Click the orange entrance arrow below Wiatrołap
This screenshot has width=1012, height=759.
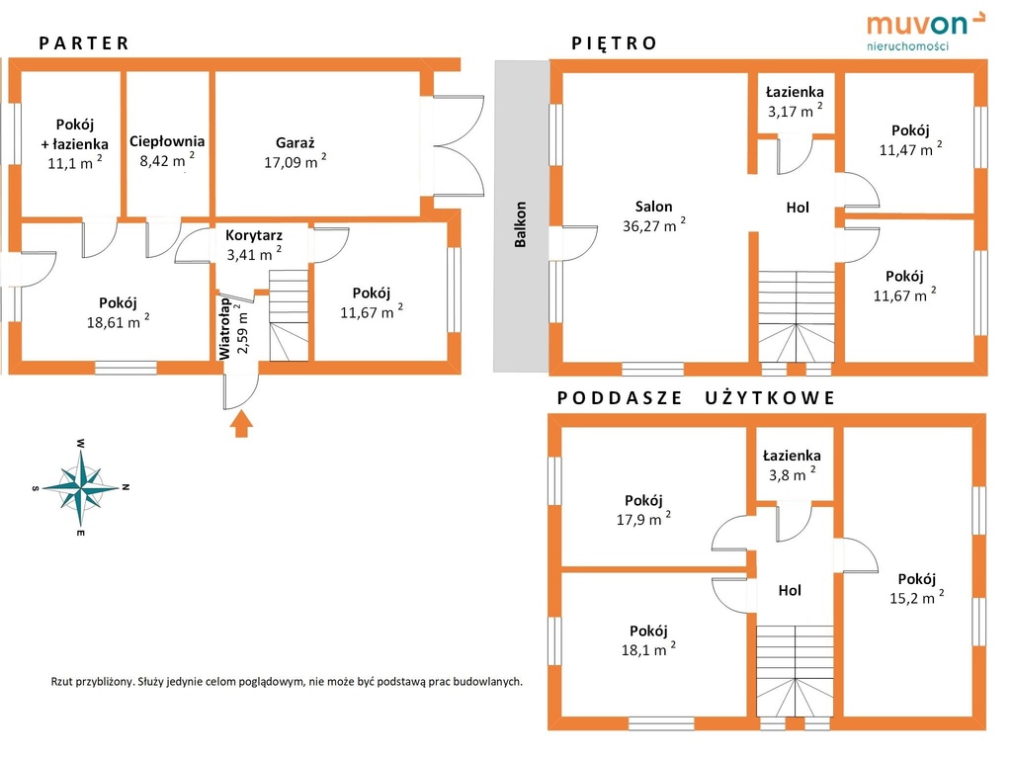[x=241, y=426]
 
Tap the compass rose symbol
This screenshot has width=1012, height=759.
[x=81, y=488]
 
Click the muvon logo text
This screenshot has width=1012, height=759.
[x=917, y=25]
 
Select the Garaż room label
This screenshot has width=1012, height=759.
[x=295, y=142]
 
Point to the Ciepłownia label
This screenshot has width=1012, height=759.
[x=167, y=141]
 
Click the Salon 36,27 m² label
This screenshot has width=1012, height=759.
[x=654, y=216]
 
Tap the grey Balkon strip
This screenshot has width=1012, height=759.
[x=522, y=216]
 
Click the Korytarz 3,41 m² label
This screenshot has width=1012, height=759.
[x=254, y=245]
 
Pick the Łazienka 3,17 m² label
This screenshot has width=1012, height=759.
[x=795, y=102]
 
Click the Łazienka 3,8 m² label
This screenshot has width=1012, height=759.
[x=792, y=465]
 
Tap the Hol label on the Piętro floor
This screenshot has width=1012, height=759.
[x=798, y=208]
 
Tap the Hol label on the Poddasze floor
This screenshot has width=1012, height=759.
[x=790, y=590]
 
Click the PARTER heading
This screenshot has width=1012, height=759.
[x=84, y=43]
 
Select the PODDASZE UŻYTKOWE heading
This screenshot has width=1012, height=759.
[x=696, y=397]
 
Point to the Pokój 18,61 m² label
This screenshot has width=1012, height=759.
[x=119, y=312]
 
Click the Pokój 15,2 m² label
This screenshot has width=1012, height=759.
[x=916, y=589]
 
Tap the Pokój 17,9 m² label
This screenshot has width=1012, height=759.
[x=643, y=510]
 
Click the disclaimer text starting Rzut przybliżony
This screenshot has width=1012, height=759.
[x=287, y=682]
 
